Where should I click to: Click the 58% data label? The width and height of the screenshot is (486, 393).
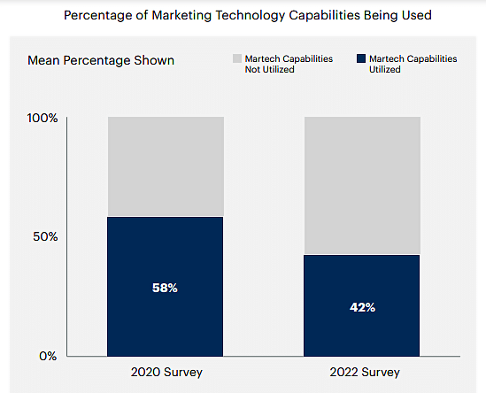pos(165,289)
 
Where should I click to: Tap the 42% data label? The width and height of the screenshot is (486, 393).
pos(362,307)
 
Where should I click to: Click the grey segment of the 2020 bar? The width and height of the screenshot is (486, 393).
pos(165,166)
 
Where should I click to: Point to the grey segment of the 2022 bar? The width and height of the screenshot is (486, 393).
pos(362,185)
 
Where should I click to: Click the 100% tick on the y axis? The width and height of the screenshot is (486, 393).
pos(42,118)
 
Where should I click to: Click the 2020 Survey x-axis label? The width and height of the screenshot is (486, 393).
pos(165,372)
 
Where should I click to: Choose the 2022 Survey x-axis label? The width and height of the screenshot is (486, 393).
pos(362,372)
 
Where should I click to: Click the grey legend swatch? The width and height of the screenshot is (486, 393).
pos(236,58)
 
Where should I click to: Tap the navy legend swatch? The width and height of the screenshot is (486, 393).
pos(360,58)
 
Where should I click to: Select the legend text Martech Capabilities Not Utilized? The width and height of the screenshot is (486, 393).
pos(289,64)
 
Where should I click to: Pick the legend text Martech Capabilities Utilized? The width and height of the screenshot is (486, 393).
pos(413,64)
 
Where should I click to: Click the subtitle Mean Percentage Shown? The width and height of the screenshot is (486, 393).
pos(101,60)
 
